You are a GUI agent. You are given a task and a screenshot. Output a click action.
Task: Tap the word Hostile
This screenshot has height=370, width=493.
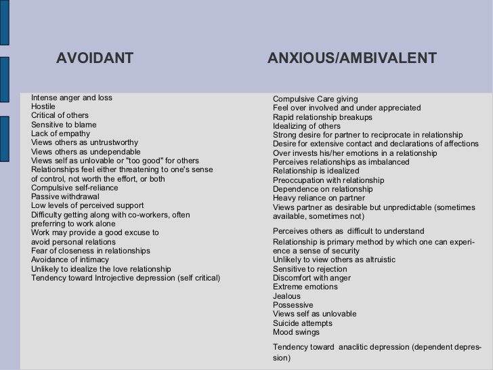point(43,107)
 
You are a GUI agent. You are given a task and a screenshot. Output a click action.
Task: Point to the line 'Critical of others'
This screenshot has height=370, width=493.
point(60,116)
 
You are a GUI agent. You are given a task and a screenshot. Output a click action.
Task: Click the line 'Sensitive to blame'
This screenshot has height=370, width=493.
point(64,125)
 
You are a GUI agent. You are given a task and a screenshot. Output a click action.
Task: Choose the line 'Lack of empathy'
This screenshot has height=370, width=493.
point(60,134)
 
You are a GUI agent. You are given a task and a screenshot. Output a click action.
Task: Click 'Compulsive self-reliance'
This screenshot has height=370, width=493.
point(74,188)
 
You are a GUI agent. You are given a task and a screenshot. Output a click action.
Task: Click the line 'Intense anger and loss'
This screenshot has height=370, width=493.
point(72,98)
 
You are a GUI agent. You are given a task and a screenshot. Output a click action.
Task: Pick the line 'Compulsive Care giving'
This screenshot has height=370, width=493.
point(316,100)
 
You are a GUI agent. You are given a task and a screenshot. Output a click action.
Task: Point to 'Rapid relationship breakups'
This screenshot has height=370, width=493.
point(323,117)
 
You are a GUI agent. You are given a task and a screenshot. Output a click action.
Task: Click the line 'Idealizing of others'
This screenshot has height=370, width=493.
point(307,126)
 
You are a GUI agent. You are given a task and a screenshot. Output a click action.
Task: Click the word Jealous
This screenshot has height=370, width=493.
point(286,296)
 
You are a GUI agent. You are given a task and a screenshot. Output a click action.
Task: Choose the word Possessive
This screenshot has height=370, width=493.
point(293,305)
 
